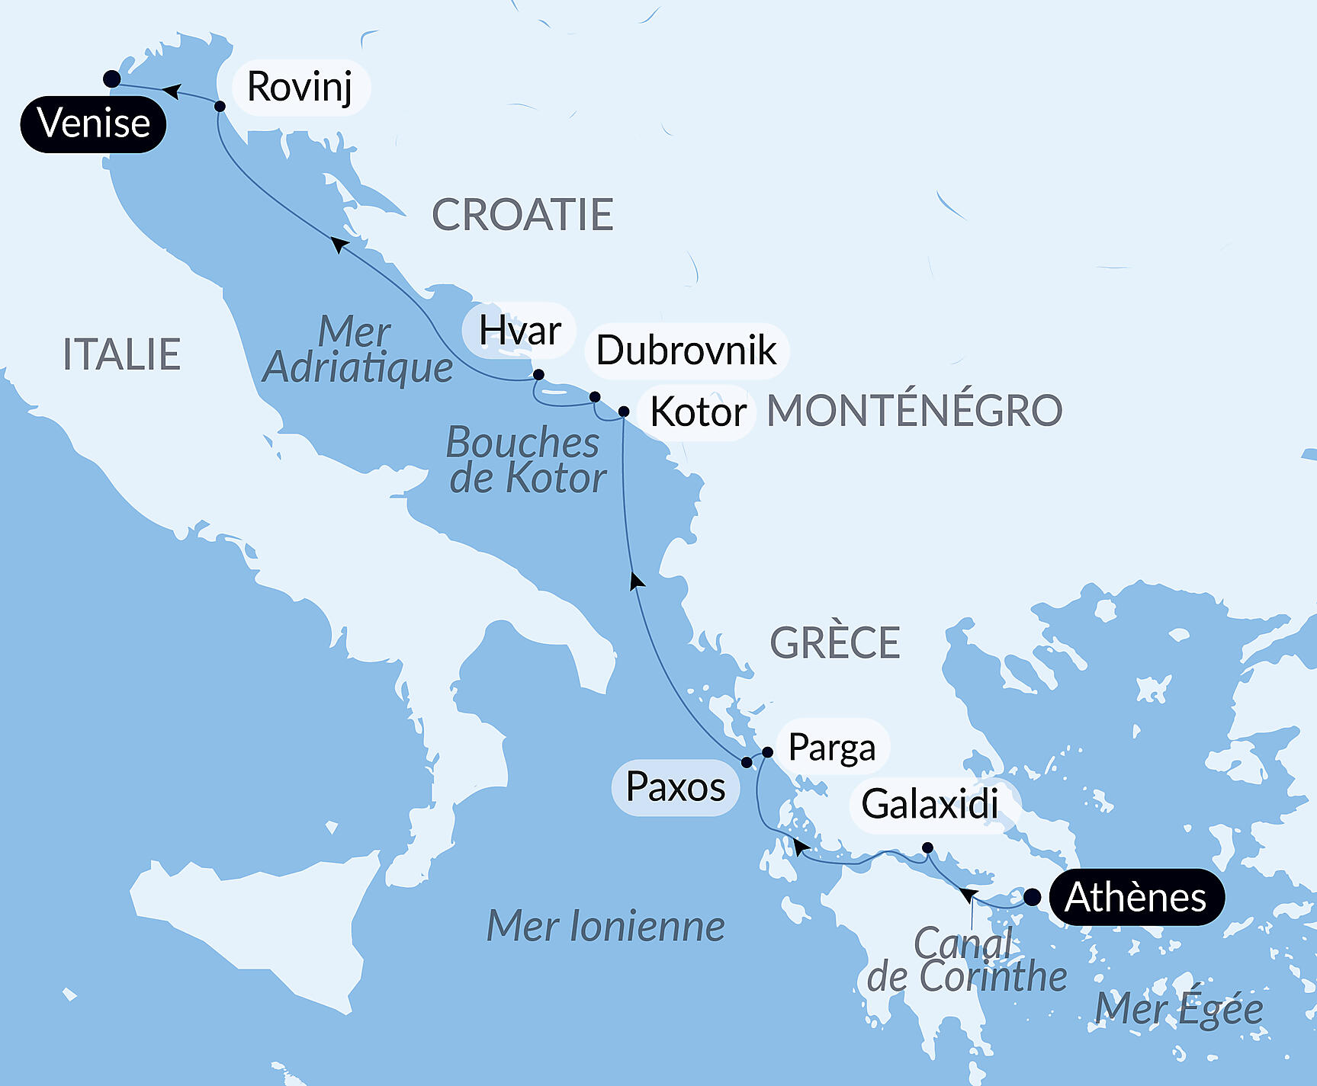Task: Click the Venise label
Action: tap(93, 123)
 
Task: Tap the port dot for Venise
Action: tap(112, 78)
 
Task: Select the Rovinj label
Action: tap(300, 87)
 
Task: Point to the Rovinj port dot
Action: tap(220, 106)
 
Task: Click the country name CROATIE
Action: tap(522, 215)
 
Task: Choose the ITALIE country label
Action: tap(121, 354)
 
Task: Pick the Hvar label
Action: tap(519, 331)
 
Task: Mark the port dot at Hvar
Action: tap(538, 374)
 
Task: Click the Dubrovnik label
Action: tap(686, 351)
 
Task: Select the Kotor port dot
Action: tap(623, 412)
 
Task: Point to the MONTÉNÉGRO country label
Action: tap(914, 411)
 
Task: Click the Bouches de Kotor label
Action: tap(525, 460)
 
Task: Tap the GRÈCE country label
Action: tap(834, 642)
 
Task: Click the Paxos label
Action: tap(675, 786)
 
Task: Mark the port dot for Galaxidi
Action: tap(927, 847)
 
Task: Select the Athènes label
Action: tap(1136, 897)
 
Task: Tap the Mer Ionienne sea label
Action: tap(605, 926)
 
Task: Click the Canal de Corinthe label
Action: tap(966, 960)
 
